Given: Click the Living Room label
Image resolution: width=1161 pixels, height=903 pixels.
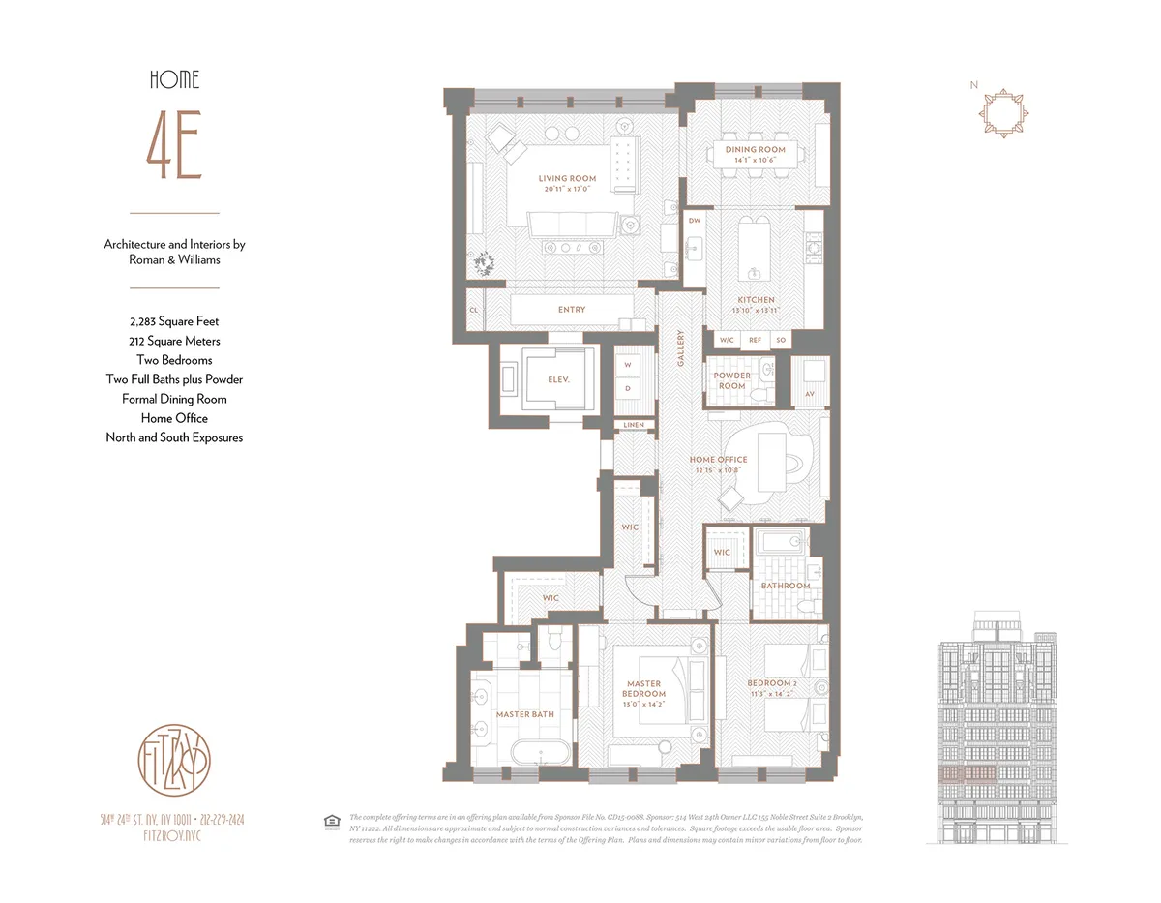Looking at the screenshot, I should click(567, 179).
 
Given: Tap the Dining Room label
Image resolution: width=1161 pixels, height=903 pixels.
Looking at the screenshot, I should click(756, 150).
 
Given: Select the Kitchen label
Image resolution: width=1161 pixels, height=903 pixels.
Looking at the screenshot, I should click(756, 300).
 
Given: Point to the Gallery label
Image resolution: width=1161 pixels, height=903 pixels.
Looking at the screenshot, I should click(681, 347).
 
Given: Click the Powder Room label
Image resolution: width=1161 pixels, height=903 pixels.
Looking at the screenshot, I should click(732, 380).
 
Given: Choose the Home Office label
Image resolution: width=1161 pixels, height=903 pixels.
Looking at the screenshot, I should click(718, 460).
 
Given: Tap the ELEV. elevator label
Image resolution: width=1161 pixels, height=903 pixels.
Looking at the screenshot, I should click(557, 380).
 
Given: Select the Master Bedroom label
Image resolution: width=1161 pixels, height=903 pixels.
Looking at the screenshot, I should click(643, 689).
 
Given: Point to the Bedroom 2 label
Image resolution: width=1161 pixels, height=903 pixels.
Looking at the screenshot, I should click(772, 684).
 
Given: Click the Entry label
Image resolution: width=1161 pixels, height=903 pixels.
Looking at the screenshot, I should click(572, 310).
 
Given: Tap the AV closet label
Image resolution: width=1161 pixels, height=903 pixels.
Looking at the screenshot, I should click(809, 395).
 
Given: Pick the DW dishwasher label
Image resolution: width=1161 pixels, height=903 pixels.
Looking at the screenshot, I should click(694, 221).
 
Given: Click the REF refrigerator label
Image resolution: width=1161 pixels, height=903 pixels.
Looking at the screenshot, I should click(755, 341).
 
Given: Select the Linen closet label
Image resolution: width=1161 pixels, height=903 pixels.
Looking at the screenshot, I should click(634, 425).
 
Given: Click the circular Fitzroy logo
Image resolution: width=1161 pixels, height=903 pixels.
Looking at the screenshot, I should click(174, 758).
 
